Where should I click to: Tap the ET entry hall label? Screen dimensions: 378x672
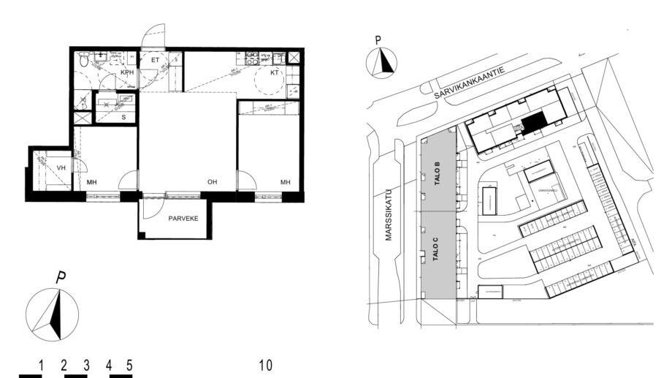[155, 60]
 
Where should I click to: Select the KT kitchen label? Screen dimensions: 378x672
[274, 73]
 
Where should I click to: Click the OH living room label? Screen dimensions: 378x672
[212, 181]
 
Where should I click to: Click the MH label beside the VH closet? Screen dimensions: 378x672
[93, 181]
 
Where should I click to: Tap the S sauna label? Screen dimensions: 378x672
[123, 117]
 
